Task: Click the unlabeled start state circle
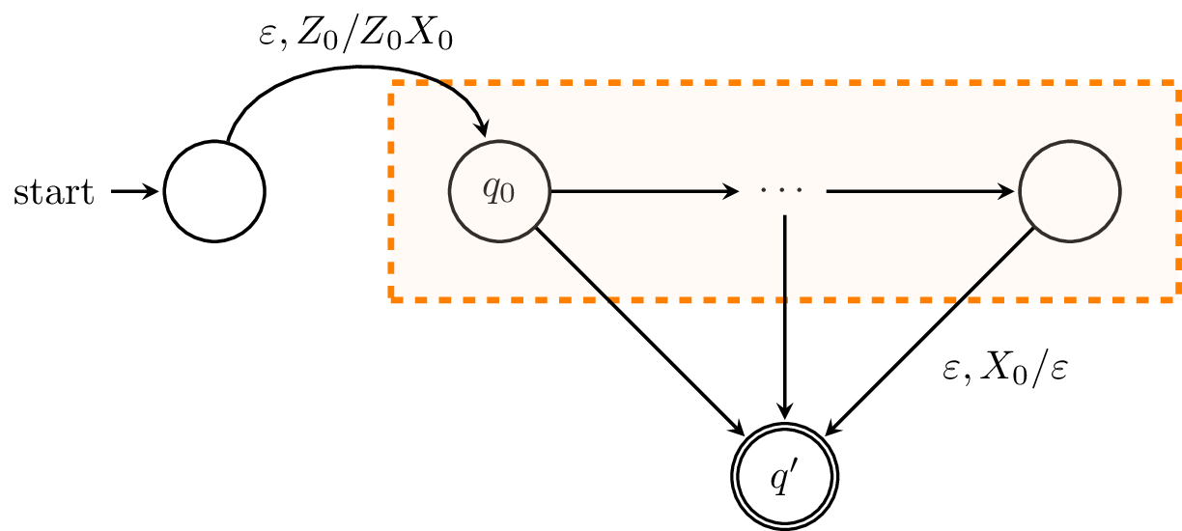(214, 191)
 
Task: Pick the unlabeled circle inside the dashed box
(1071, 191)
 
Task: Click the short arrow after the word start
(135, 192)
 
